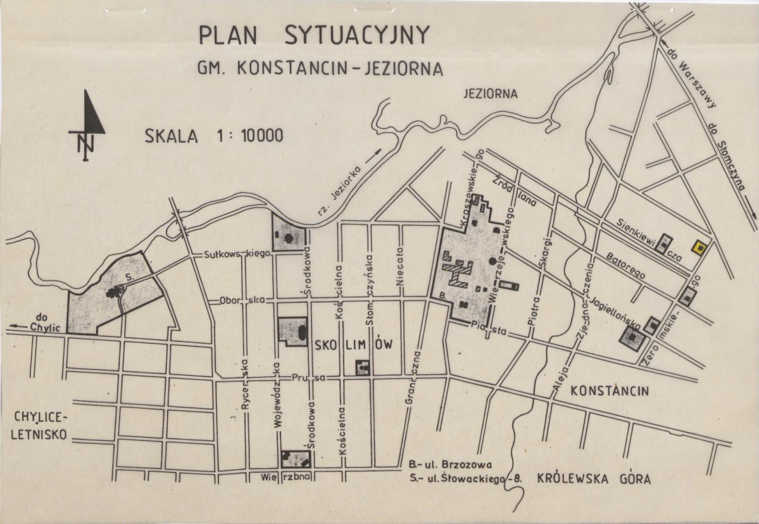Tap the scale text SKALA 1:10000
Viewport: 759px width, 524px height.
[214, 136]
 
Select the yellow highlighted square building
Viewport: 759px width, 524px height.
[699, 247]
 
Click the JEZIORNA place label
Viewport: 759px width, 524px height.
[490, 94]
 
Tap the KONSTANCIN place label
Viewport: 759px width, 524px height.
[609, 391]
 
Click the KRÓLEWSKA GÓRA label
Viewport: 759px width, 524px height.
[594, 478]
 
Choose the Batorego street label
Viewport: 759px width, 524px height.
[626, 267]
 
